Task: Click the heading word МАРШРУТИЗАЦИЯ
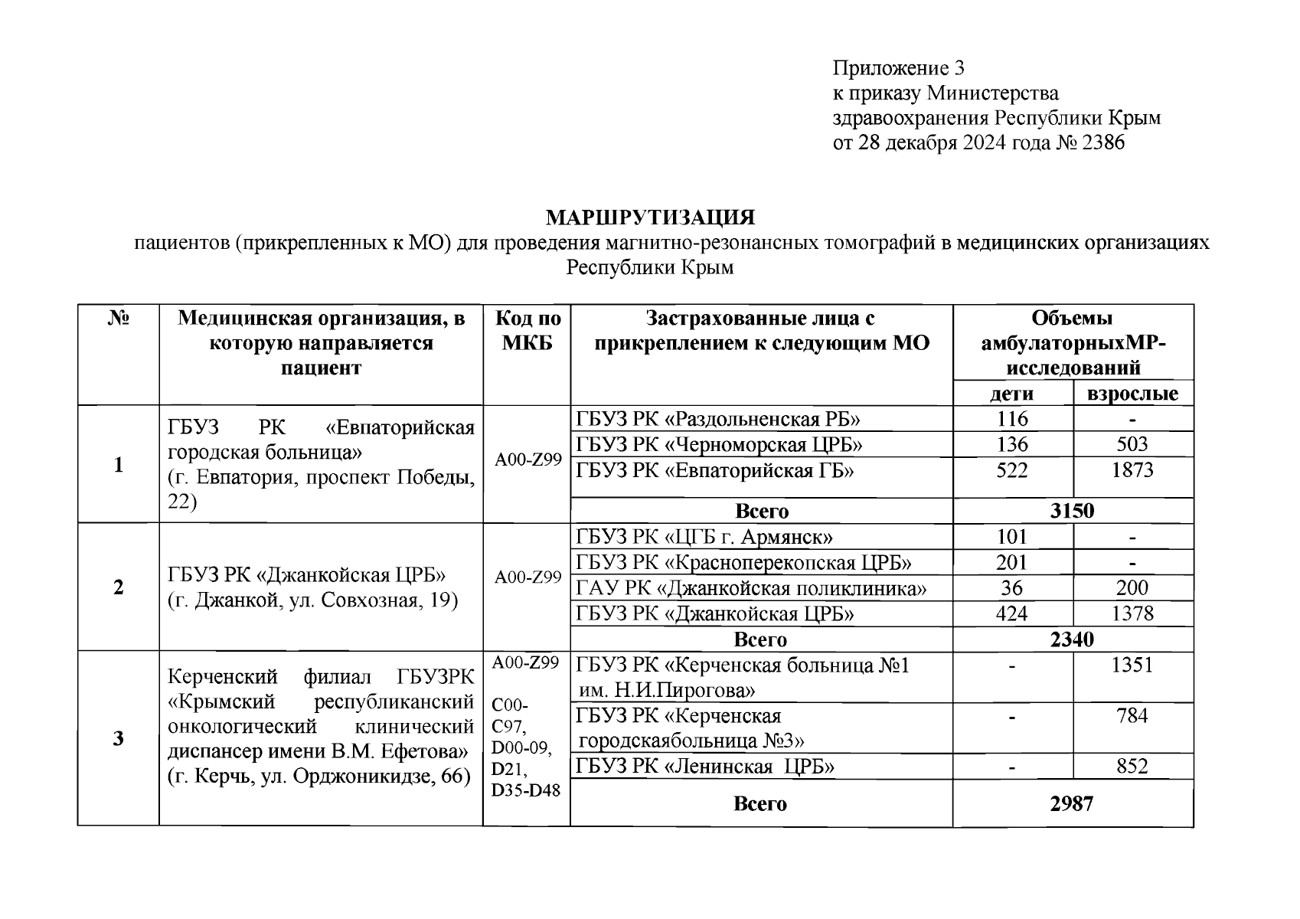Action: click(650, 217)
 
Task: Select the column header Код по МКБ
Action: click(528, 330)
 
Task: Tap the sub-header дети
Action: click(1012, 394)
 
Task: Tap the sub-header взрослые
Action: click(1132, 394)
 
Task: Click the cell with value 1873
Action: click(1132, 470)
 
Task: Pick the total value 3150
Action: click(1072, 511)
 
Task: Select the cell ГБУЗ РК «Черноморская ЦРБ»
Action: click(719, 445)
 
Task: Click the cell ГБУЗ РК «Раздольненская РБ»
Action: click(717, 419)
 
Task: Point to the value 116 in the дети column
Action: click(1012, 419)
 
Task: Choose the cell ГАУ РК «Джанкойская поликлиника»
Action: click(751, 588)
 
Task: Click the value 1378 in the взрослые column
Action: click(1132, 613)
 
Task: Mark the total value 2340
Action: click(1072, 639)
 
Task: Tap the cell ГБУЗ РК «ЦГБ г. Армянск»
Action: click(704, 537)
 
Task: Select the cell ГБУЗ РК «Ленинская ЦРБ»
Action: click(704, 767)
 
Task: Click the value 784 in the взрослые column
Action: click(1132, 716)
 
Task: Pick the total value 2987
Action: click(1072, 803)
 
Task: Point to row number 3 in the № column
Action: click(118, 738)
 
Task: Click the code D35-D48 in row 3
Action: click(526, 790)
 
